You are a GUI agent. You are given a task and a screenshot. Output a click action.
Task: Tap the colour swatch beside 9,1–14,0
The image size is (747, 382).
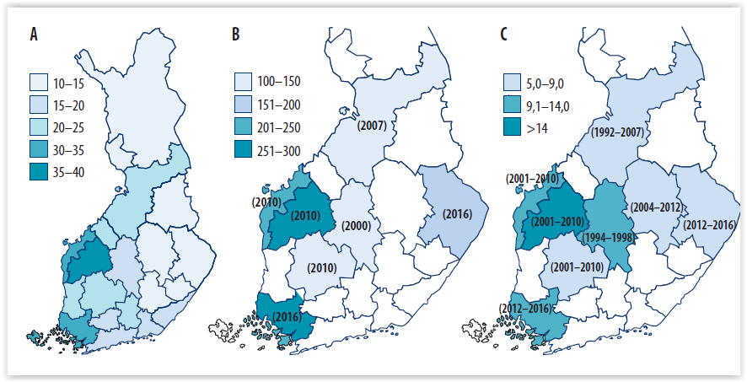511,105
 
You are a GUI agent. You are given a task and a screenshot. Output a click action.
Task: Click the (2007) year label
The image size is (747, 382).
372,126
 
